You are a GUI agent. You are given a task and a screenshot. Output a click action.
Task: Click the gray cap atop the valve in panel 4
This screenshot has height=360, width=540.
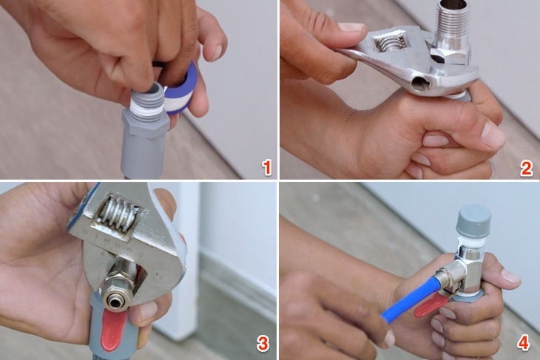tap(473, 218)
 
